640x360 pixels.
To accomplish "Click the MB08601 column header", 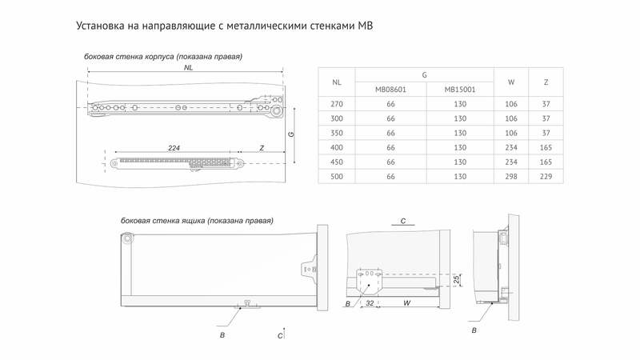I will tap(391, 90).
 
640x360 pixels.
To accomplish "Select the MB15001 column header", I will tap(460, 90).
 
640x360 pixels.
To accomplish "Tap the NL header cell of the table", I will tap(337, 82).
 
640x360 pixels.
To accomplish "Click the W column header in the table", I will tap(511, 82).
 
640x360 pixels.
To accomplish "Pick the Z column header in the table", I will tap(546, 82).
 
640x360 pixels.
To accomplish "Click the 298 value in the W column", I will tap(511, 176).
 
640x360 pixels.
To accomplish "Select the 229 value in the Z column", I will tap(546, 176).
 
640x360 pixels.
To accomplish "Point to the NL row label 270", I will tap(337, 104).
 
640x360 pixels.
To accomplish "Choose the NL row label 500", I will tap(337, 176).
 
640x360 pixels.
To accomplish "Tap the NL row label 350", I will tap(337, 133).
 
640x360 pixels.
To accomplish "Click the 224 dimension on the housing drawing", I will tap(174, 149).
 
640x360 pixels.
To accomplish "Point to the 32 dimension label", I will tap(370, 304).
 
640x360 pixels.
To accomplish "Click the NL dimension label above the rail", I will tap(188, 68).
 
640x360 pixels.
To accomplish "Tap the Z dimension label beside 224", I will tap(262, 149).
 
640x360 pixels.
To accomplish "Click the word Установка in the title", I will tap(103, 26).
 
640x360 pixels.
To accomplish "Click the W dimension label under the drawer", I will tap(407, 304).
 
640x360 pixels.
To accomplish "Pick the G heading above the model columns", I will tap(425, 74).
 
